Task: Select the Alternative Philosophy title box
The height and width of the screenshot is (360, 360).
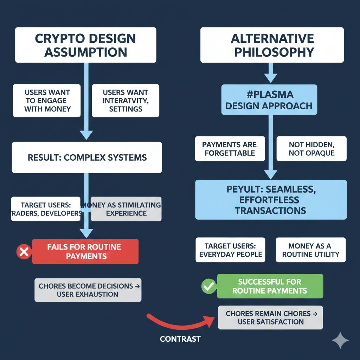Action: tap(272, 45)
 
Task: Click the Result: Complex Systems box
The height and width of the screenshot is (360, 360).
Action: tap(87, 157)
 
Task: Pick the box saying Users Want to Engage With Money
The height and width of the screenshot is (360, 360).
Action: tap(47, 101)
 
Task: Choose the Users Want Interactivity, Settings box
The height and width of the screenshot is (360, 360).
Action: tap(126, 101)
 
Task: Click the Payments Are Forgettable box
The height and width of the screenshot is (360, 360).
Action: tap(230, 149)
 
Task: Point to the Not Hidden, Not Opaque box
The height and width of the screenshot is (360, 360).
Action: tap(311, 149)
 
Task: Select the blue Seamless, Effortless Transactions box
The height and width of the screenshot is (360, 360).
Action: tap(271, 200)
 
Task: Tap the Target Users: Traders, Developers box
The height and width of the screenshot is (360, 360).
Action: tap(46, 209)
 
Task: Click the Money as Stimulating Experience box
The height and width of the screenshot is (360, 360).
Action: tap(126, 209)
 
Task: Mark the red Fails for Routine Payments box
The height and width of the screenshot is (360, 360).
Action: tap(85, 251)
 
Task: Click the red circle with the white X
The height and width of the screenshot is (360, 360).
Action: tap(24, 252)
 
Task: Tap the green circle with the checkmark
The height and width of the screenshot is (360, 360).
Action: tap(208, 286)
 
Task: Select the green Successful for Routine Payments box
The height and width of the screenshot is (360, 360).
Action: tap(270, 286)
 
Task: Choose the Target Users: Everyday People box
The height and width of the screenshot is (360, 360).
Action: tap(230, 250)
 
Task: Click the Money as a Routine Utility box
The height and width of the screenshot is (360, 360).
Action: tap(310, 250)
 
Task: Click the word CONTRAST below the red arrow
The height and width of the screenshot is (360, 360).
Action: tap(180, 339)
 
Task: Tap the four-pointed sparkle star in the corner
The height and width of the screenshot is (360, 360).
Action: tap(340, 340)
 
